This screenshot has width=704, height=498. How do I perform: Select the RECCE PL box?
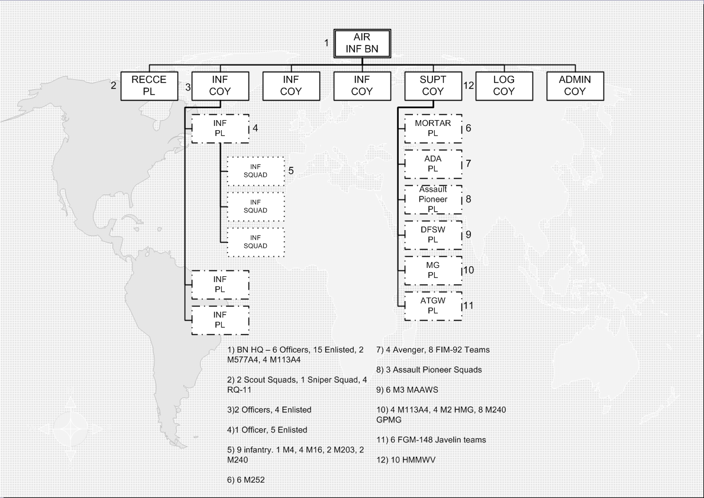(149, 86)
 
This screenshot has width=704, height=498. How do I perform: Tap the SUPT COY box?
(432, 86)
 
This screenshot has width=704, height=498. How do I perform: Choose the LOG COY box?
(503, 86)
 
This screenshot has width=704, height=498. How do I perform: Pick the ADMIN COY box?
(574, 86)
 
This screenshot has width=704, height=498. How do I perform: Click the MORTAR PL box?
(432, 128)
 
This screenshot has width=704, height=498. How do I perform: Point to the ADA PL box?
(432, 164)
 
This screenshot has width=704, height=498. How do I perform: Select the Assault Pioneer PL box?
(432, 199)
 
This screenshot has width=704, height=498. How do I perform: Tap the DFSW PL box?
(432, 235)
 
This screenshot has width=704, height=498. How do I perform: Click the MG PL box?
(432, 270)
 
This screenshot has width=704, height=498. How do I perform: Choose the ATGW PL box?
(432, 305)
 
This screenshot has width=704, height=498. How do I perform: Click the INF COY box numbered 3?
(220, 86)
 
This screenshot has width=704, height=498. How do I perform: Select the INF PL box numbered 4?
(220, 128)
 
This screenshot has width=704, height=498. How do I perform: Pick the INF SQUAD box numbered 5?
(256, 171)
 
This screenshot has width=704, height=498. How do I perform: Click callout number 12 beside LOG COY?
(469, 86)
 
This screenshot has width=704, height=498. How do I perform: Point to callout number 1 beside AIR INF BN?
(326, 43)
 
